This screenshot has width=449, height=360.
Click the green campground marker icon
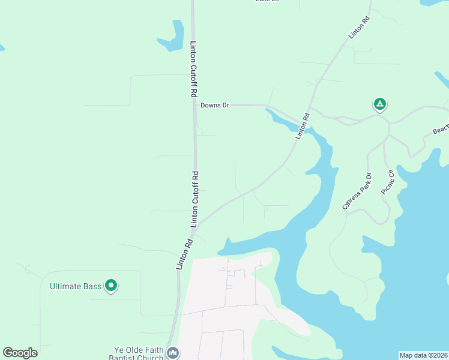point(379,104)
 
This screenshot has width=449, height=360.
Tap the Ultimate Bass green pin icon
point(111,286)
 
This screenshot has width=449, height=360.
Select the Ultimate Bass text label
point(76,286)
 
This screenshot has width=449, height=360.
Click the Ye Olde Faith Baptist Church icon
point(173,352)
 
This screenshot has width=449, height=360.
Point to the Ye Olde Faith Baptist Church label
point(139,353)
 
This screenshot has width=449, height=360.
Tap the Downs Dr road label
point(215,105)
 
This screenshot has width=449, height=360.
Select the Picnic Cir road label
point(387,181)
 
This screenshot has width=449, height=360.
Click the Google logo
point(20,352)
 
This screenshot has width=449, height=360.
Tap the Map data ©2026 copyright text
point(423,355)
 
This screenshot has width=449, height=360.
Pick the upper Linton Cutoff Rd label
point(193,70)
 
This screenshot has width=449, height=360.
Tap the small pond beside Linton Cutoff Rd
point(172,37)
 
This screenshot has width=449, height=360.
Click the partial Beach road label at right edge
point(441,130)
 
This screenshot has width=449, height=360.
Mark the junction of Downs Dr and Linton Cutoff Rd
point(194,105)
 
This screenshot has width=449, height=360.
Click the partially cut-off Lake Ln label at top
point(267,2)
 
